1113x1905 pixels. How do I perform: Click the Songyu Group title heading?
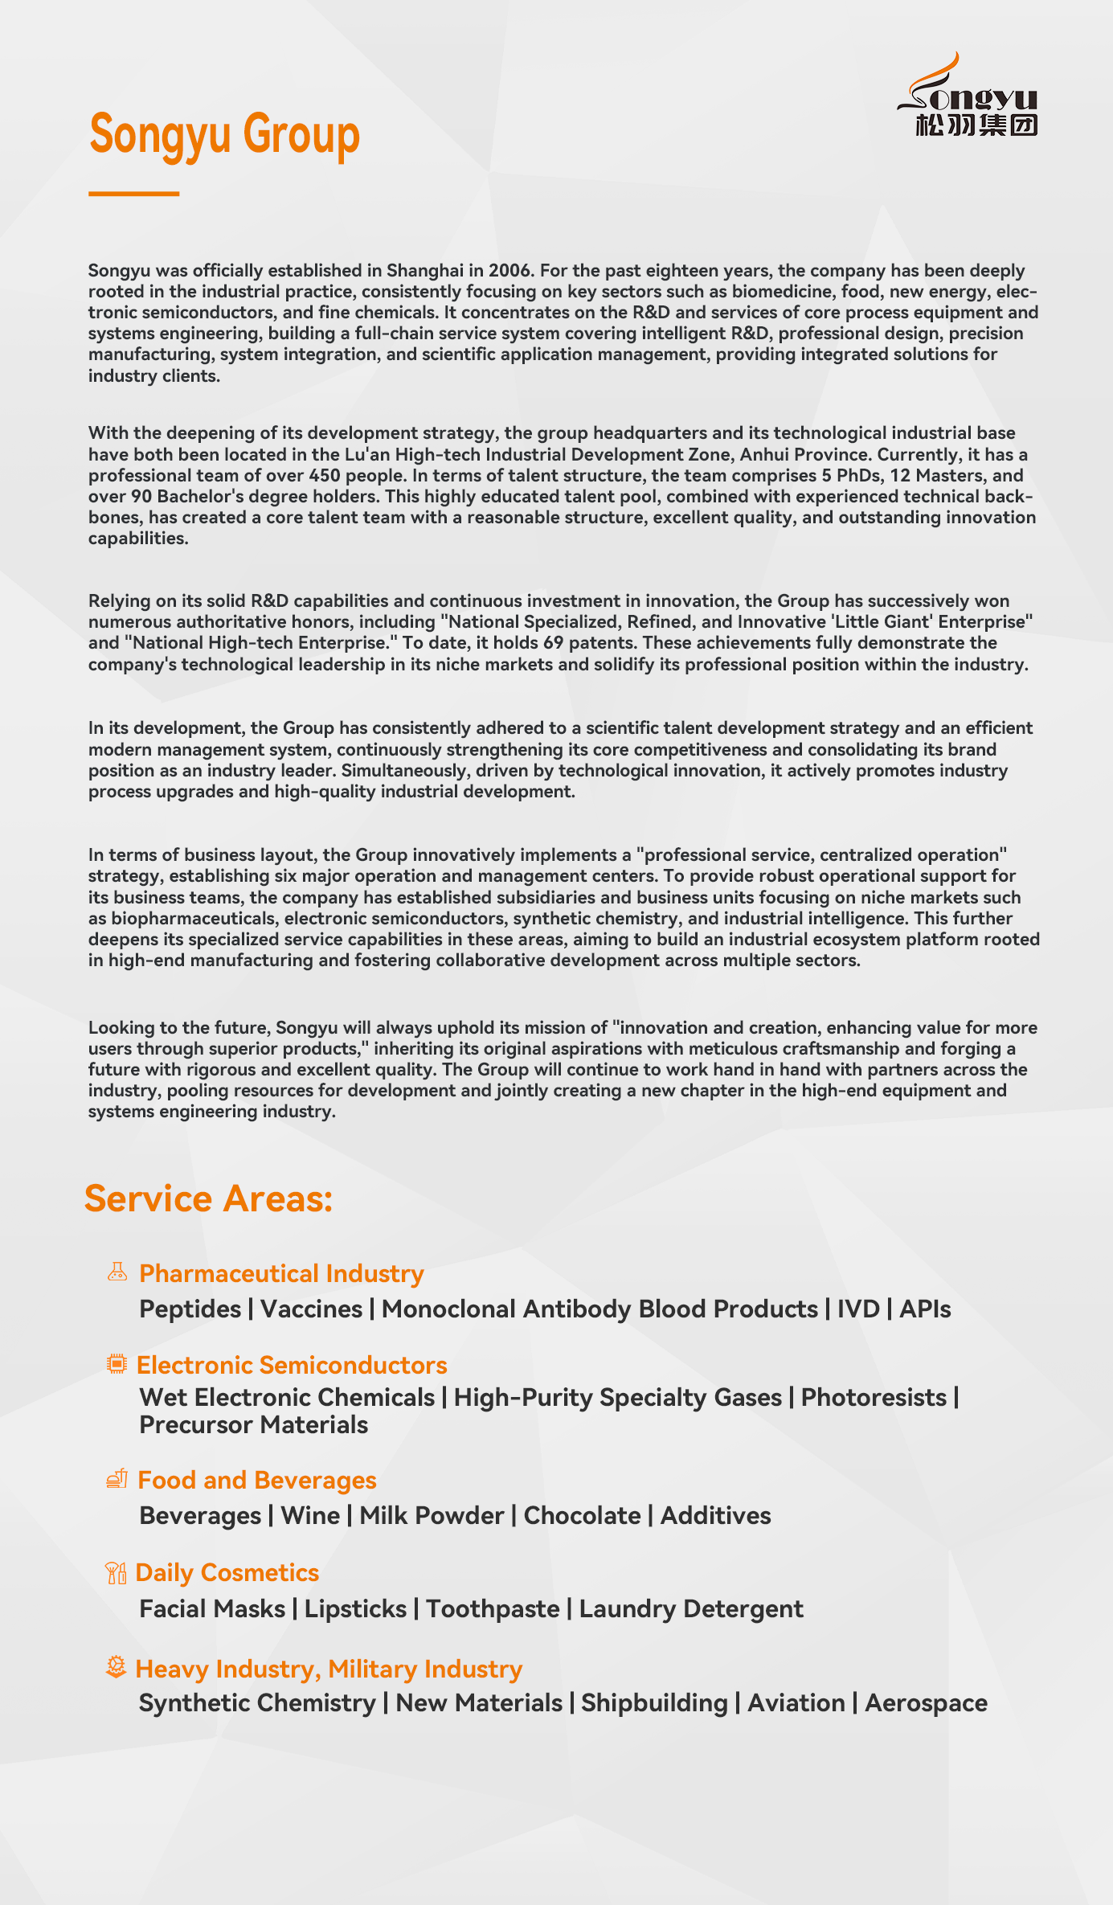[x=224, y=134]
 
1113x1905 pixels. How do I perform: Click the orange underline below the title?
[x=133, y=194]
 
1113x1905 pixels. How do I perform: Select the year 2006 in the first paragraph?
[x=509, y=271]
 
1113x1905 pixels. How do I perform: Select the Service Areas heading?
[x=208, y=1198]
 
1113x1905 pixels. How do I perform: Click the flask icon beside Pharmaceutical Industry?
[x=117, y=1272]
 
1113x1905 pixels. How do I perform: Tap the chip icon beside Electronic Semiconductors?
[x=117, y=1363]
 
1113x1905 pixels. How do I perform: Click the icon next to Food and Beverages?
[x=117, y=1478]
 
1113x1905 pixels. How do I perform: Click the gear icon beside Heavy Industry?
[x=117, y=1667]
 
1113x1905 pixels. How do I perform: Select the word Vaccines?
[x=311, y=1309]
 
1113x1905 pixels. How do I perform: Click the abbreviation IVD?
[x=858, y=1309]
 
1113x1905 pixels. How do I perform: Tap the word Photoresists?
[x=874, y=1398]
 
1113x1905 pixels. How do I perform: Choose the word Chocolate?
[x=582, y=1516]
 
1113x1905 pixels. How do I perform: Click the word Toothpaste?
[x=493, y=1609]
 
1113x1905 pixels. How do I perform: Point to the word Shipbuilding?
[x=654, y=1703]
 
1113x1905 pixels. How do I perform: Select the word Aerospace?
[x=926, y=1703]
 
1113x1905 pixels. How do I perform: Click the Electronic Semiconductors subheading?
[x=292, y=1365]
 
